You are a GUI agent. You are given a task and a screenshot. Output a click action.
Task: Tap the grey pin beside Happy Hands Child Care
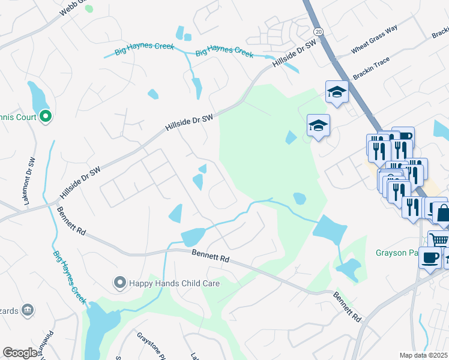pyautogui.click(x=119, y=282)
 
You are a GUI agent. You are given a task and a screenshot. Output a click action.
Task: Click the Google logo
pyautogui.click(x=20, y=353)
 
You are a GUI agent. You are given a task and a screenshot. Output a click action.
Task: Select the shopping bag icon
pyautogui.click(x=442, y=212)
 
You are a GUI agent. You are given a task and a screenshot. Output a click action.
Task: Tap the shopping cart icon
pyautogui.click(x=439, y=240)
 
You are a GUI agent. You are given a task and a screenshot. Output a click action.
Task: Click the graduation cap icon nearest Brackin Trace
pyautogui.click(x=337, y=92)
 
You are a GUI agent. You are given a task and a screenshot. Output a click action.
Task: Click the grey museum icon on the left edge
pyautogui.click(x=27, y=310)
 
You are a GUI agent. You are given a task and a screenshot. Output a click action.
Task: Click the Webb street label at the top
pyautogui.click(x=70, y=7)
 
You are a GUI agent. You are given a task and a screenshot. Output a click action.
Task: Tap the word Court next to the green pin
pyautogui.click(x=23, y=117)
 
